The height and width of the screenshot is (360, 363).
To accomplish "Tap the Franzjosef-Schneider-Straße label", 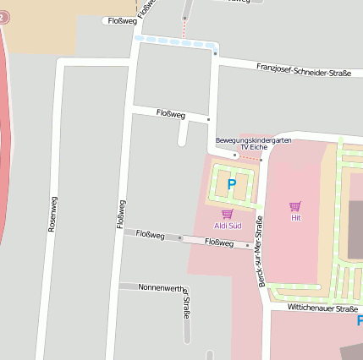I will point(303,69).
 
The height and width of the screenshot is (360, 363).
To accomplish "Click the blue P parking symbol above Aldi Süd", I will point(231,184).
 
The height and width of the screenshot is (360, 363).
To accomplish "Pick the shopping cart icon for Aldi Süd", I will point(227,214).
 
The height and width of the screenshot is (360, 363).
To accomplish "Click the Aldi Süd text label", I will point(227,226).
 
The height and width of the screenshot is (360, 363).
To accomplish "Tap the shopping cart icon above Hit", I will point(294,206).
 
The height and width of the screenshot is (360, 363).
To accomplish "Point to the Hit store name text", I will point(295,218).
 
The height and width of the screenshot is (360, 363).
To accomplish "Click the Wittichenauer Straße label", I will point(322,309).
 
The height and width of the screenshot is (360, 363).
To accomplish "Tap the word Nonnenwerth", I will point(161,287).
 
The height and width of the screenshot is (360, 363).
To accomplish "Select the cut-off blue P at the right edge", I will point(359,321).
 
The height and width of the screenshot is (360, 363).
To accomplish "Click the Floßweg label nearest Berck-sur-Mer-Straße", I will point(219,243).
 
